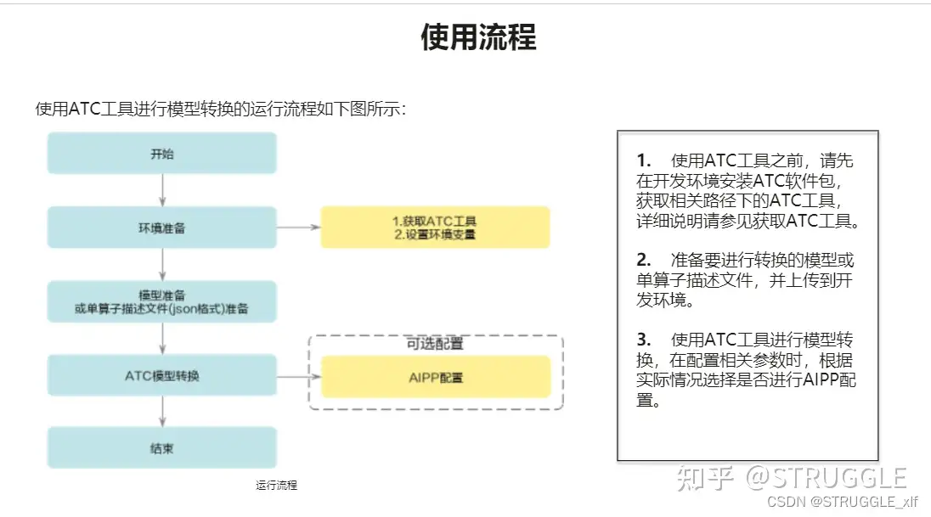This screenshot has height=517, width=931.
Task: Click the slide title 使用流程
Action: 478,38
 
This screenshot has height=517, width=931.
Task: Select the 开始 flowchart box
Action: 161,154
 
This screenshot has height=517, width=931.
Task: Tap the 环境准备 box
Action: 161,228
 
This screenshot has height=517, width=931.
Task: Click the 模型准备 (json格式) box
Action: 161,302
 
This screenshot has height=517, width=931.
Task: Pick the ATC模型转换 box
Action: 161,375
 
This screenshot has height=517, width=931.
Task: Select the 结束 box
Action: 161,447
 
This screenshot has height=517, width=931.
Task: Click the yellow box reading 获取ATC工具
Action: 435,228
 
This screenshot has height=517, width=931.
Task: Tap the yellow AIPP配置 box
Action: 435,378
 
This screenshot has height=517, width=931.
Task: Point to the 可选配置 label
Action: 435,344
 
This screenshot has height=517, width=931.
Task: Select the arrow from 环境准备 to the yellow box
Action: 298,228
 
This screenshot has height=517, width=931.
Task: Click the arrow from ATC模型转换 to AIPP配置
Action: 298,377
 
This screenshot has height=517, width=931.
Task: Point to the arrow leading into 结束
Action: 162,412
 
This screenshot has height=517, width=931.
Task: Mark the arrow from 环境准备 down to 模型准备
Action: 162,265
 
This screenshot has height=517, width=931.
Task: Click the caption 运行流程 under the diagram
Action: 277,486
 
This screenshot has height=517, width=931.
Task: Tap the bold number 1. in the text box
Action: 643,160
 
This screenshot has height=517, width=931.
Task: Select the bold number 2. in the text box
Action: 643,260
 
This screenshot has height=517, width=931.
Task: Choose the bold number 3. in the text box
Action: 643,340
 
